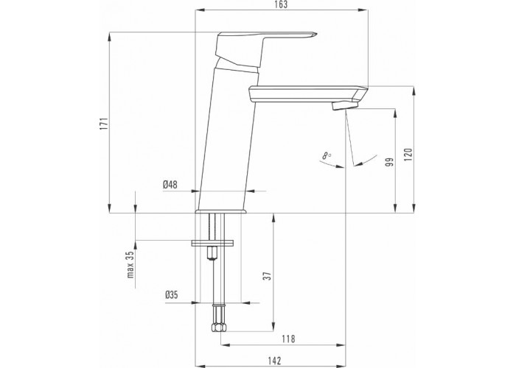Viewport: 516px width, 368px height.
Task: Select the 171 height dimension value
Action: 104,124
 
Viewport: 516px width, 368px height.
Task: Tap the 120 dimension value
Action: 408,155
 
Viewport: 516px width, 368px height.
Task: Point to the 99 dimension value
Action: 390,162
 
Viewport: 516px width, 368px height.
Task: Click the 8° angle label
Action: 326,155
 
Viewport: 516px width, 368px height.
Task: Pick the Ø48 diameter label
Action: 170,185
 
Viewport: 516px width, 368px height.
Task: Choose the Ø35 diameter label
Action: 172,294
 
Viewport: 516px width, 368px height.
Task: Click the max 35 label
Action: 130,264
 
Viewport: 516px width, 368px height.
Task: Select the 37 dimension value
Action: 269,275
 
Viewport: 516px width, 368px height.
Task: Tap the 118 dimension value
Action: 288,339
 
